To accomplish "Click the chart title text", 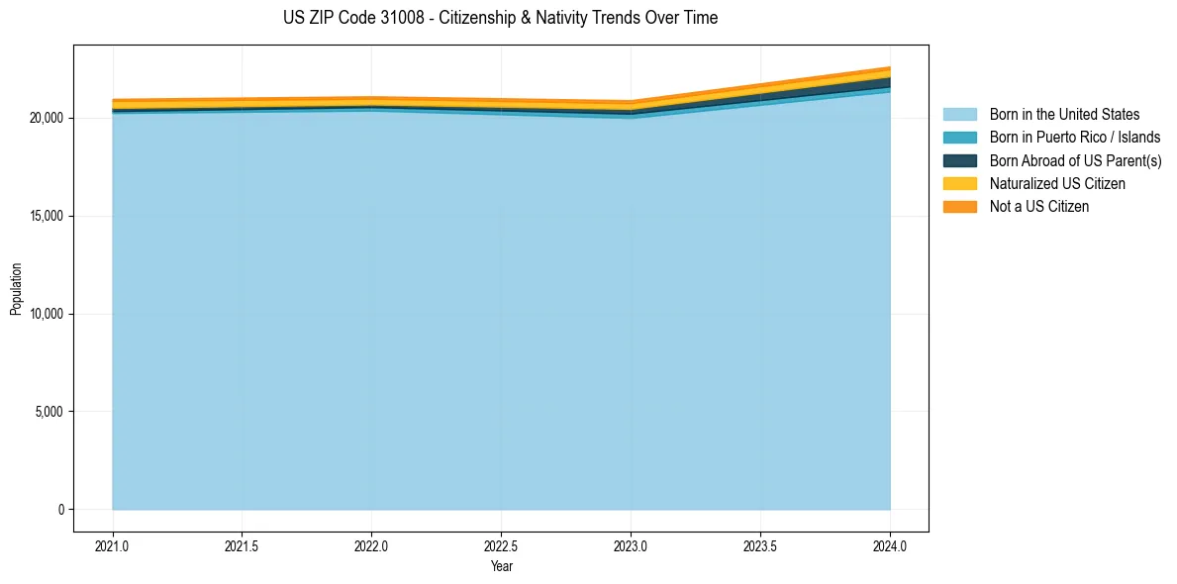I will point(501,18).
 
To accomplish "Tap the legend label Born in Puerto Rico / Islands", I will point(1075,138).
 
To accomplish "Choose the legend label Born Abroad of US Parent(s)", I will point(1075,160).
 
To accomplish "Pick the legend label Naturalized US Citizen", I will point(1057,183).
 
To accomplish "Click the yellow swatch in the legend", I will point(959,183).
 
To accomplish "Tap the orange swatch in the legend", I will point(959,206).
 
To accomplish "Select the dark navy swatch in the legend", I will point(959,160).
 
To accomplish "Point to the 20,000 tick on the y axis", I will point(47,118).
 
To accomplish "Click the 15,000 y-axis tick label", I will point(47,216).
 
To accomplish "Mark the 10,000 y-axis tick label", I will point(47,314).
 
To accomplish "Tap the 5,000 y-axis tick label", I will point(49,412).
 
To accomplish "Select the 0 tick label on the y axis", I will point(60,510).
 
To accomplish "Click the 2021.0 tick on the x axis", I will point(113,545).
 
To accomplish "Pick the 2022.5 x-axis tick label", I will point(501,545).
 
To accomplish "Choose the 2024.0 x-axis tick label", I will point(890,545).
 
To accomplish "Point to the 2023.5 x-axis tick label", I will point(760,545).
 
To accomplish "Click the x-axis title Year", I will point(501,566).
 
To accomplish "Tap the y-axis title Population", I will point(16,288).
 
